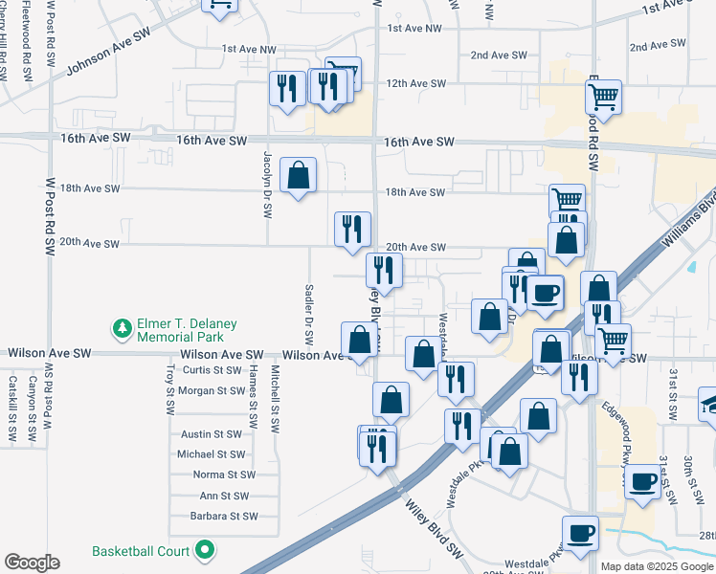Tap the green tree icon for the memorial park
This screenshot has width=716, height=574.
pyautogui.click(x=122, y=330)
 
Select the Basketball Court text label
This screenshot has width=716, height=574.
pyautogui.click(x=141, y=551)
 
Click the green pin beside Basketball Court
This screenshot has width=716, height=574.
pyautogui.click(x=204, y=551)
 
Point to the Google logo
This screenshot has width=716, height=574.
pyautogui.click(x=32, y=563)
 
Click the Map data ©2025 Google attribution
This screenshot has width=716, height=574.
pyautogui.click(x=657, y=566)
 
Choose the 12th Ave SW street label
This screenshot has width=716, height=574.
pyautogui.click(x=415, y=83)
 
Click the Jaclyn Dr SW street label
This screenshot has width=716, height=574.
pyautogui.click(x=267, y=182)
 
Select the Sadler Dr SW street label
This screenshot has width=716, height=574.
pyautogui.click(x=309, y=314)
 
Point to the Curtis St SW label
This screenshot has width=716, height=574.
pyautogui.click(x=213, y=370)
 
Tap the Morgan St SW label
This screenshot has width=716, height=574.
pyautogui.click(x=212, y=390)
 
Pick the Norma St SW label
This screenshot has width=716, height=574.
pyautogui.click(x=224, y=475)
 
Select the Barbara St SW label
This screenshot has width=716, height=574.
pyautogui.click(x=225, y=516)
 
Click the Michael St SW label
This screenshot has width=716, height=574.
pyautogui.click(x=212, y=454)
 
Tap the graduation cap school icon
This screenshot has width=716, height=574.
pyautogui.click(x=710, y=403)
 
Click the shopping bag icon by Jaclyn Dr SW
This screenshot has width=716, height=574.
pyautogui.click(x=299, y=175)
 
